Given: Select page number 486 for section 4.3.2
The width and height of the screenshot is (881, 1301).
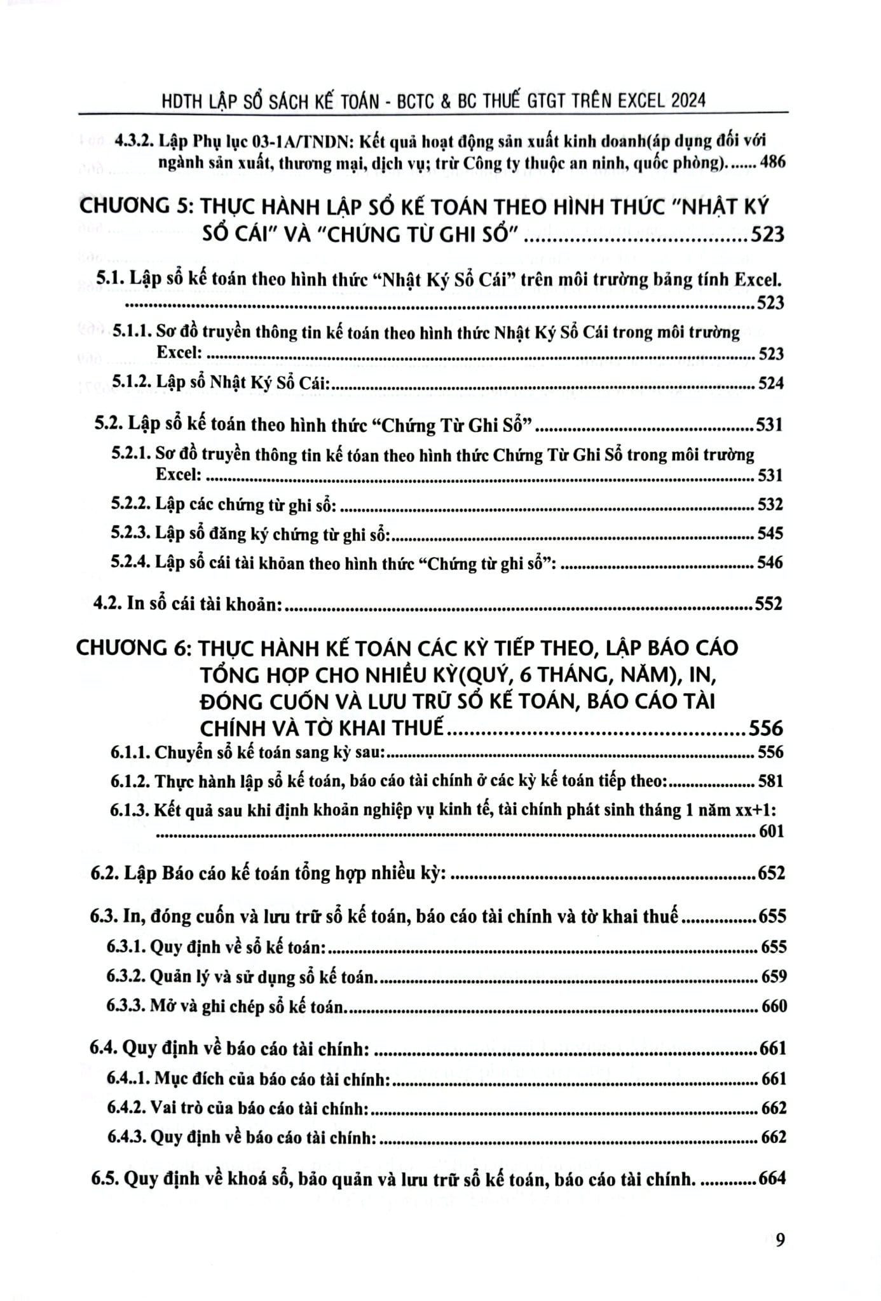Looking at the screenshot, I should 772,163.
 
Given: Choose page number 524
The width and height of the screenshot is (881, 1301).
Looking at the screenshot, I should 770,383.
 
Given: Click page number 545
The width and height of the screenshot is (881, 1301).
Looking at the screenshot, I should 770,533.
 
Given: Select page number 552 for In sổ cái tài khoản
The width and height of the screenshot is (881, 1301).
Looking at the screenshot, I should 768,603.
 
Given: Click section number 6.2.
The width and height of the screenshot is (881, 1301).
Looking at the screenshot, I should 105,873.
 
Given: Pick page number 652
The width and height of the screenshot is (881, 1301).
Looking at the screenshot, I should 772,873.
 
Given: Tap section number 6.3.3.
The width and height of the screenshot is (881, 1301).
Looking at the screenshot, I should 128,1007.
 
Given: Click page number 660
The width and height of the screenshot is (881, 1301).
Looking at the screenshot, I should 774,1007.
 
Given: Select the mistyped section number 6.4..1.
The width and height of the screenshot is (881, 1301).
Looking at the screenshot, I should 130,1079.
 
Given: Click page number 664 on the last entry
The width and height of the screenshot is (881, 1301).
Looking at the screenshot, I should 772,1179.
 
